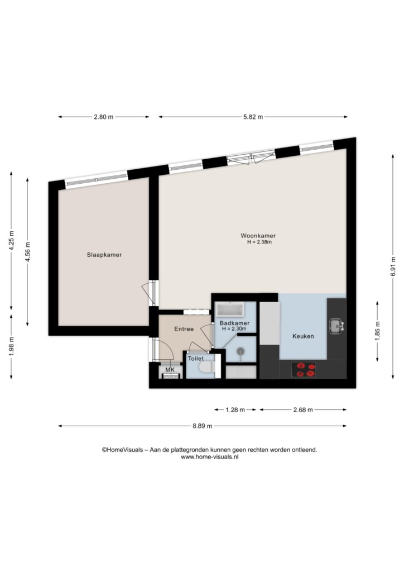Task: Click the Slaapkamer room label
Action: pos(104,255)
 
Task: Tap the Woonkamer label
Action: pos(258,236)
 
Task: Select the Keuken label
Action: pos(303,336)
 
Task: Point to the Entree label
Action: pos(184,328)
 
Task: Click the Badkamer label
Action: pos(234,323)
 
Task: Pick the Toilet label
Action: pos(196,359)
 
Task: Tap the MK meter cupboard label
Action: pos(170,370)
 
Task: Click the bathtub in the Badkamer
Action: pos(230,310)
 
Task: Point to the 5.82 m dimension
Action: pos(253,117)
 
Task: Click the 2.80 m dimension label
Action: pos(103,117)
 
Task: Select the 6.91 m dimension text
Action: pos(393,266)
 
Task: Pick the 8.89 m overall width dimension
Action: pos(203,426)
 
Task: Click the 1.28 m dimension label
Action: pos(235,409)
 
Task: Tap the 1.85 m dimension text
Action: pos(377,331)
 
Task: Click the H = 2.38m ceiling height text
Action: pos(259,242)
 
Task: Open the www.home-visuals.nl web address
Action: pos(209,457)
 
